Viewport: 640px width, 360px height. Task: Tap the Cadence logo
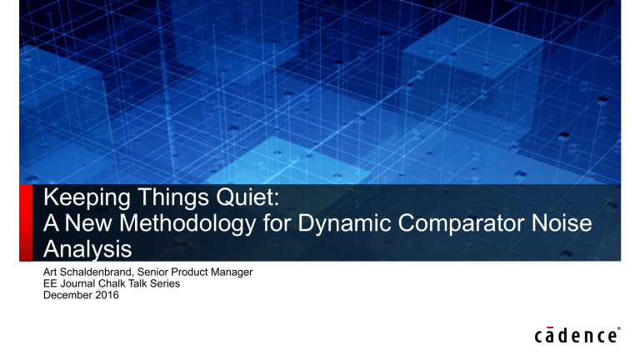(574, 336)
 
